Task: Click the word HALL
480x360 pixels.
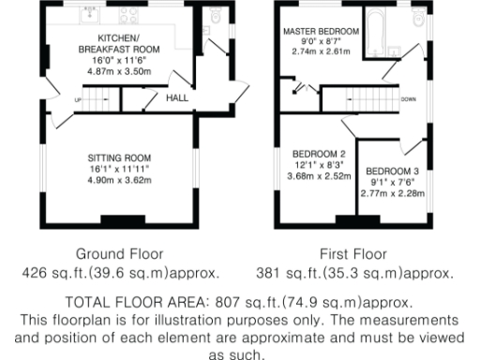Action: pos(177,98)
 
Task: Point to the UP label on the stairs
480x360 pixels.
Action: pos(78,99)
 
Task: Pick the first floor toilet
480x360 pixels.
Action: pos(418,19)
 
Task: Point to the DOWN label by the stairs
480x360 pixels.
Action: pos(409,98)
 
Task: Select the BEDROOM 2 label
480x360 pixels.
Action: pos(320,154)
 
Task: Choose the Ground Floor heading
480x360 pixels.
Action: pos(119,253)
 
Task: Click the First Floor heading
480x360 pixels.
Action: pos(354,253)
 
